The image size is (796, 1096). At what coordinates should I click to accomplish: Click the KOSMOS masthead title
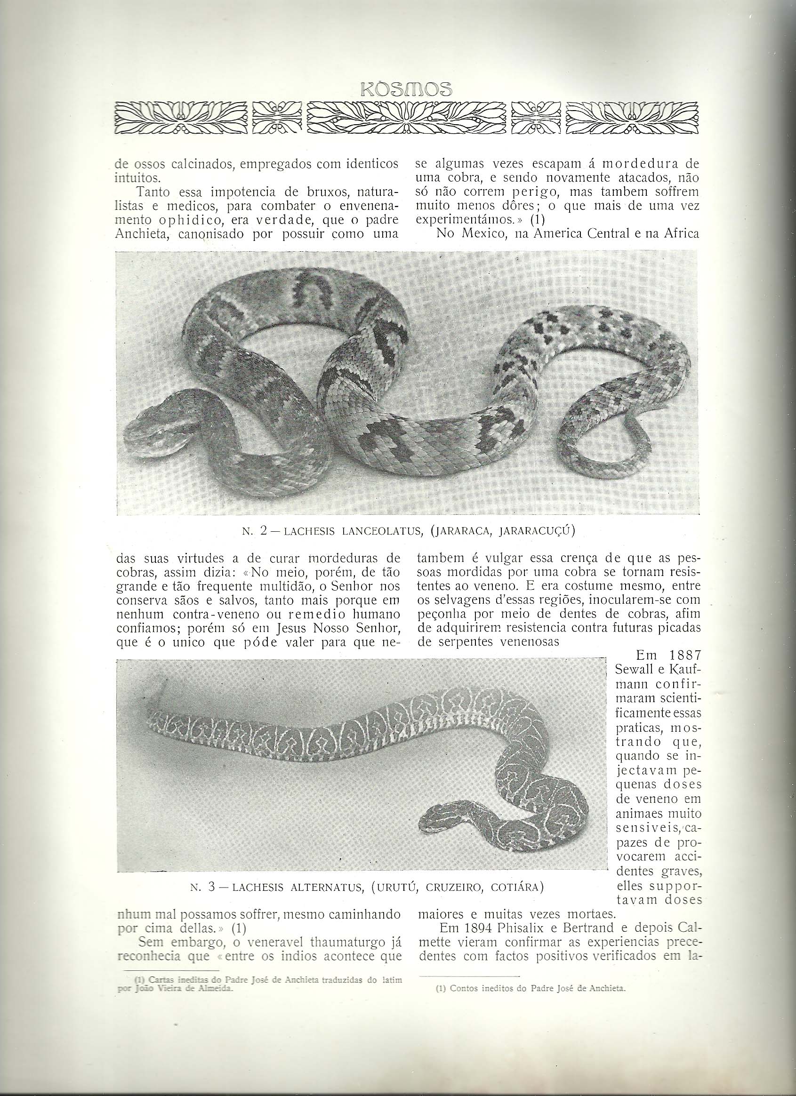[405, 90]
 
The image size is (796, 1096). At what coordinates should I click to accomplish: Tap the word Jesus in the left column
[288, 630]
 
